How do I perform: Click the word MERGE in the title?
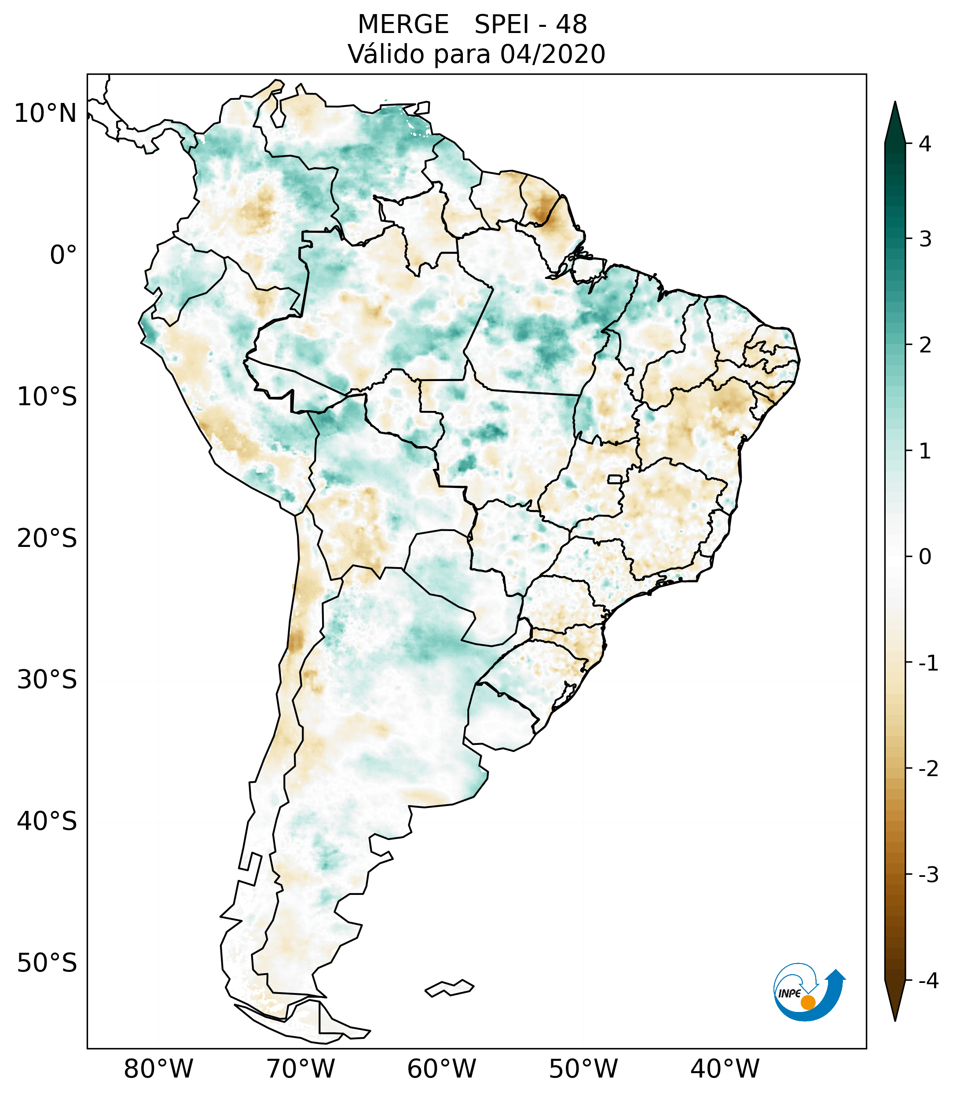[x=403, y=25]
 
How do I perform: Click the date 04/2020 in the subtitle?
[x=552, y=54]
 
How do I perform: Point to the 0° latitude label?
[x=63, y=255]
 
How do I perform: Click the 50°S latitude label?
[x=47, y=963]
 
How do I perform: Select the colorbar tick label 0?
[x=925, y=557]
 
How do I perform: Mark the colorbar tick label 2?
[x=925, y=345]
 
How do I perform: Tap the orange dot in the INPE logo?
[x=808, y=1002]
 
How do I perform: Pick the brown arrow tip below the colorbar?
[x=895, y=1002]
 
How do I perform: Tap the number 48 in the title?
[x=572, y=25]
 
